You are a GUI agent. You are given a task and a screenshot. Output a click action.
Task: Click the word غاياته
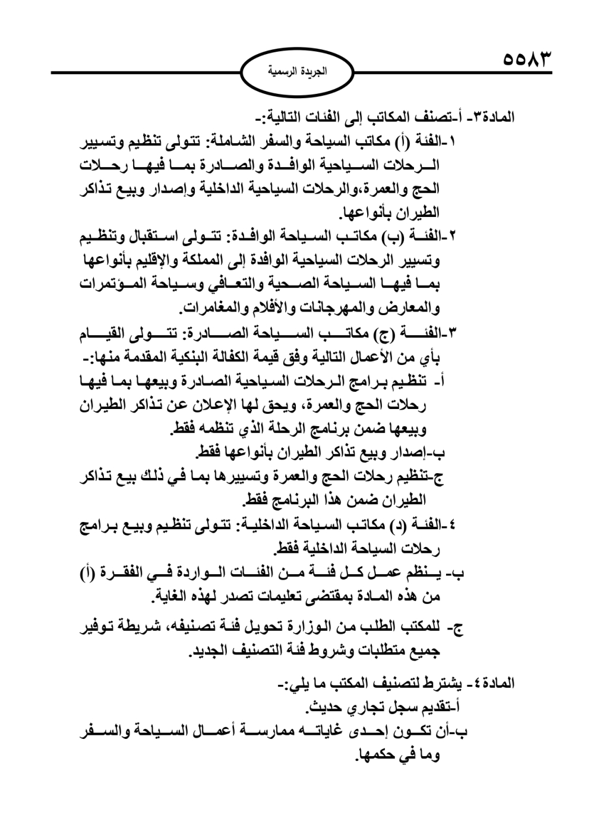tap(312, 732)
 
